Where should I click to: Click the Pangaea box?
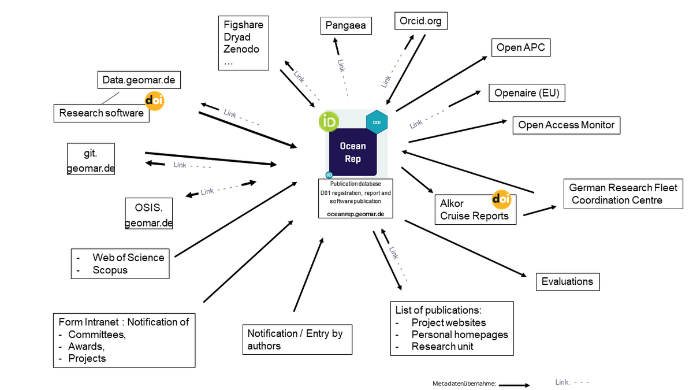click(x=345, y=26)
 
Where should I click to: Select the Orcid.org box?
click(x=420, y=21)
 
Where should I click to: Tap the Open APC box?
click(x=520, y=48)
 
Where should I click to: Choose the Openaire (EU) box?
click(x=527, y=93)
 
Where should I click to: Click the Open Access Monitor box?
click(x=566, y=125)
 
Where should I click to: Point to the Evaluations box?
click(x=567, y=281)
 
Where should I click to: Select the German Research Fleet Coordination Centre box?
click(x=623, y=194)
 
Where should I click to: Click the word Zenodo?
click(x=241, y=49)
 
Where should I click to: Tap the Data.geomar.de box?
click(x=139, y=80)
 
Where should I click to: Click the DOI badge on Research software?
click(x=154, y=101)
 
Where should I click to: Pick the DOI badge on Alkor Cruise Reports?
click(x=501, y=199)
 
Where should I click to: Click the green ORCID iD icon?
click(x=329, y=121)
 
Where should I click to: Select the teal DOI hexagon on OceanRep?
click(x=376, y=122)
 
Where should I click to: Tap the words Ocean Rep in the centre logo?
click(x=352, y=153)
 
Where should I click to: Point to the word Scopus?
click(x=110, y=270)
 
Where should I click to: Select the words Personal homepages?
click(x=459, y=335)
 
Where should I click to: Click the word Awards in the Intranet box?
click(x=87, y=346)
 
